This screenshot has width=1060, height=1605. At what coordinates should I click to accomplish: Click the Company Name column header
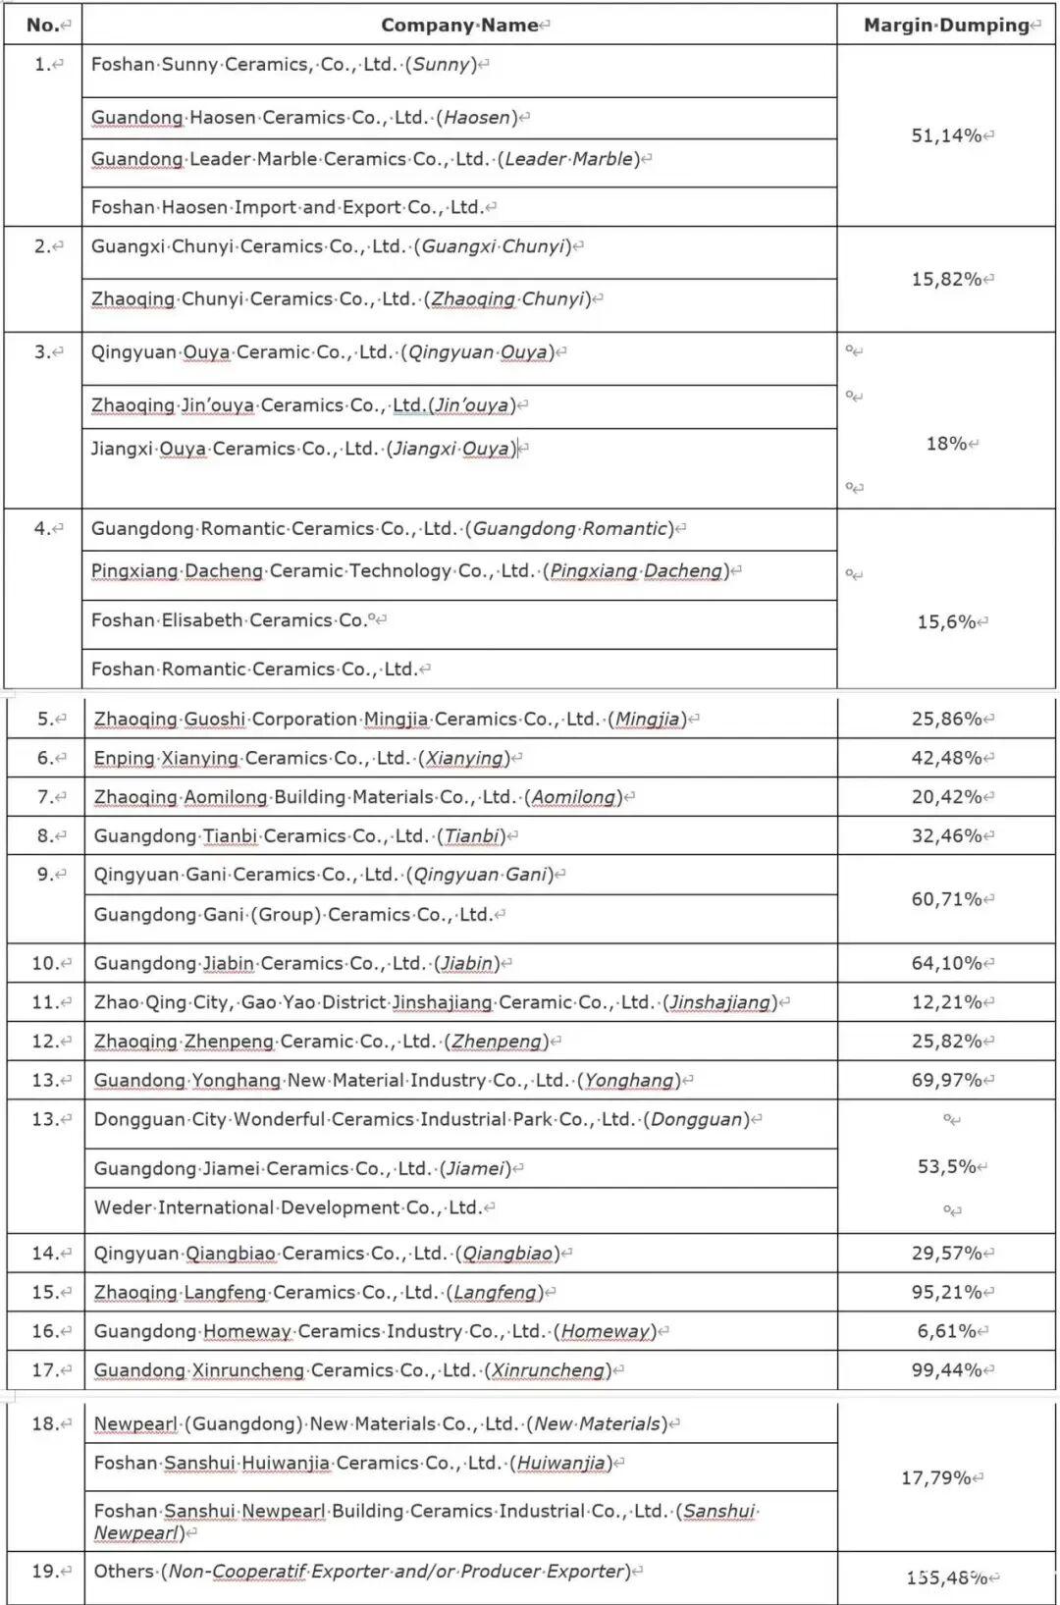click(x=459, y=26)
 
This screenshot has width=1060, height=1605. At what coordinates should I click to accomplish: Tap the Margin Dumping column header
click(x=946, y=26)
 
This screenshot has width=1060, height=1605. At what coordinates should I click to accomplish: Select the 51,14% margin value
click(x=946, y=135)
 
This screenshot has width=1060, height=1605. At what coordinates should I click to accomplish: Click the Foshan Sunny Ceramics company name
click(x=284, y=65)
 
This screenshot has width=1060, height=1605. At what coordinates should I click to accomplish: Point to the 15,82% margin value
click(x=946, y=280)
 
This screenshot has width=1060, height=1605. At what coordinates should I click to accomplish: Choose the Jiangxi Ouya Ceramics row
click(x=303, y=450)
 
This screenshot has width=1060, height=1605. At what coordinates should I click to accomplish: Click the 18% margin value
click(x=946, y=444)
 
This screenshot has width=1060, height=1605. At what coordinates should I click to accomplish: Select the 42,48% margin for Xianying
click(x=946, y=758)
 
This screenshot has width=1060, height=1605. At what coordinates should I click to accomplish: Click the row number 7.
click(x=45, y=797)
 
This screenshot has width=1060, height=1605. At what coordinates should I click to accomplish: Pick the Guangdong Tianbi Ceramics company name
click(x=299, y=836)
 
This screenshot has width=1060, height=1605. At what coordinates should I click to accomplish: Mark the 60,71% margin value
click(x=946, y=899)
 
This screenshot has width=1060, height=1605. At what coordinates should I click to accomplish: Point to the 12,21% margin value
click(x=946, y=1002)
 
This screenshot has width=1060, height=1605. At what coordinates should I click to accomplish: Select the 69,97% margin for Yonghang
click(x=946, y=1081)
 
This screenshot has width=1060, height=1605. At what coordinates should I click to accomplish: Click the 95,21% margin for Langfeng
click(x=946, y=1293)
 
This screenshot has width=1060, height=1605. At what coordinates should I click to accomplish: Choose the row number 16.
click(x=45, y=1332)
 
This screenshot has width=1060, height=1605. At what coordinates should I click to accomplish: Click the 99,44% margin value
click(x=946, y=1370)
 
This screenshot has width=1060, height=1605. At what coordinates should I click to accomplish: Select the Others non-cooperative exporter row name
click(x=362, y=1572)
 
